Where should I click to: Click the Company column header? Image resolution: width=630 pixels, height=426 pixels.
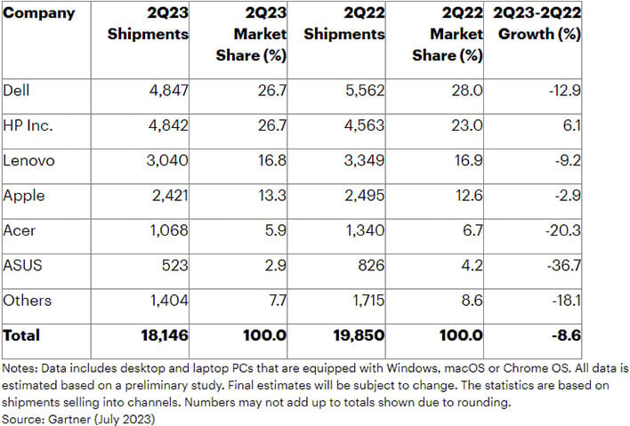coord(39,14)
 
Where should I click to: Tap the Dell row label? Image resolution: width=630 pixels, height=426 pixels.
coord(16,91)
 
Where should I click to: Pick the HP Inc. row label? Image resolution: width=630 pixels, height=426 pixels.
coord(28,126)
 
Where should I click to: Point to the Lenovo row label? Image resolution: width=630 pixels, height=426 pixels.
coord(29,161)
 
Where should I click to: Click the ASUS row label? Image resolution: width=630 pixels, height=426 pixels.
coord(24,266)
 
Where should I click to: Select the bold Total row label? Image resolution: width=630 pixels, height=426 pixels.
coord(21,335)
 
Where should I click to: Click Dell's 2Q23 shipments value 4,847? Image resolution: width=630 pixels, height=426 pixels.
coord(168,91)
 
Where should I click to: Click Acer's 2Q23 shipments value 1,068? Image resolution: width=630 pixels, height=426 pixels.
coord(168,231)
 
